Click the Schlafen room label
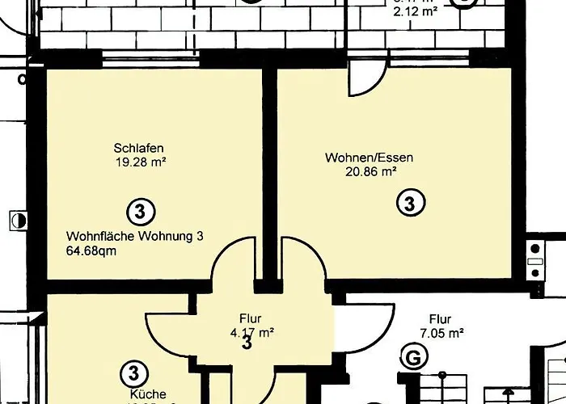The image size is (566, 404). (x=140, y=148)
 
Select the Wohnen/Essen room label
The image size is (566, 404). (x=369, y=158)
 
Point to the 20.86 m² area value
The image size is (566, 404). (x=371, y=171)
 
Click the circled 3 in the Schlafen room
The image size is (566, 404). (x=141, y=213)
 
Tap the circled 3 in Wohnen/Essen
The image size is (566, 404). (x=410, y=203)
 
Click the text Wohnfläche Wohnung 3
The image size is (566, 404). (x=133, y=236)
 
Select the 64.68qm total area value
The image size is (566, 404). (x=91, y=250)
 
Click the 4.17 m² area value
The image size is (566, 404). (x=251, y=330)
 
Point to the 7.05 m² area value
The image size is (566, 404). (x=440, y=332)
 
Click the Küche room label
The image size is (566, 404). (x=148, y=394)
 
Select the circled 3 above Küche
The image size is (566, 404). (x=133, y=373)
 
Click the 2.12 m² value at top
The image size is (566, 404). (x=415, y=12)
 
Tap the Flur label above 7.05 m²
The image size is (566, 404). (x=440, y=318)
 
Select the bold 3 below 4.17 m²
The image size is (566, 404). (x=247, y=343)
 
